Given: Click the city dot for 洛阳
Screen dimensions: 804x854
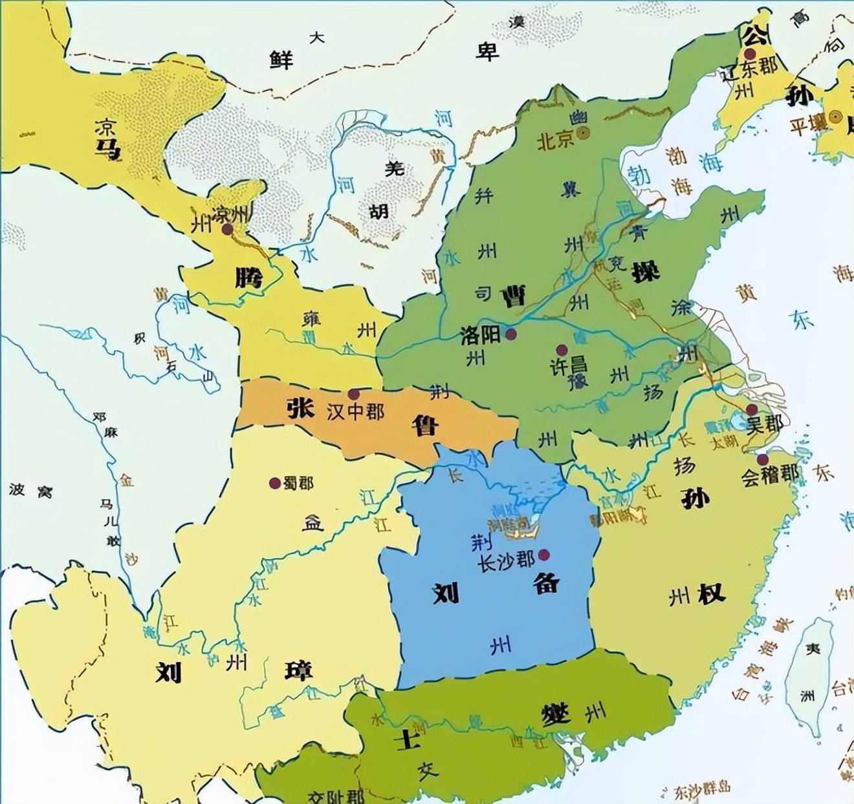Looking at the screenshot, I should (511, 334).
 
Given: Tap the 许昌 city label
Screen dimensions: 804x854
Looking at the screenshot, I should (569, 366).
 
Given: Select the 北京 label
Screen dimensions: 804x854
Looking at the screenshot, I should (556, 139).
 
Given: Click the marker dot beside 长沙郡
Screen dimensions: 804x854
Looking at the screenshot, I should (543, 554).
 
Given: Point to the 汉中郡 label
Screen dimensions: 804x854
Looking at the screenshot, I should (356, 412).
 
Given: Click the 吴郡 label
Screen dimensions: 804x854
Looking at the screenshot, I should (765, 425).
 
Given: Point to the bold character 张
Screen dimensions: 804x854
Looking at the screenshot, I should (300, 408).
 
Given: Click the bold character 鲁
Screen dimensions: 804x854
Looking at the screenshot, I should (425, 425).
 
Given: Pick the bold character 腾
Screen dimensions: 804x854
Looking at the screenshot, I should (248, 278).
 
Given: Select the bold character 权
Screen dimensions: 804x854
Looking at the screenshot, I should (711, 594).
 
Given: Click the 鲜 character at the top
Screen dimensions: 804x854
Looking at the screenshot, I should (281, 60).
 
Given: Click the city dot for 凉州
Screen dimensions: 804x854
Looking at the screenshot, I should (227, 229).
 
